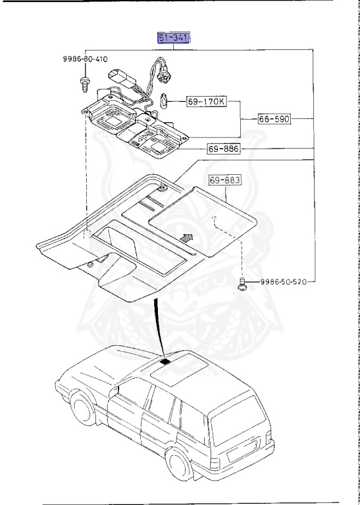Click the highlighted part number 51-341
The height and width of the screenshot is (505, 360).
[x=173, y=38]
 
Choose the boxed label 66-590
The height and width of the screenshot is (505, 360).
[x=274, y=119]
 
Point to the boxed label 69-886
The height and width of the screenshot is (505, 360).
[x=224, y=149]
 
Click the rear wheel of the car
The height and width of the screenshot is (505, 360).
[x=178, y=463]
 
